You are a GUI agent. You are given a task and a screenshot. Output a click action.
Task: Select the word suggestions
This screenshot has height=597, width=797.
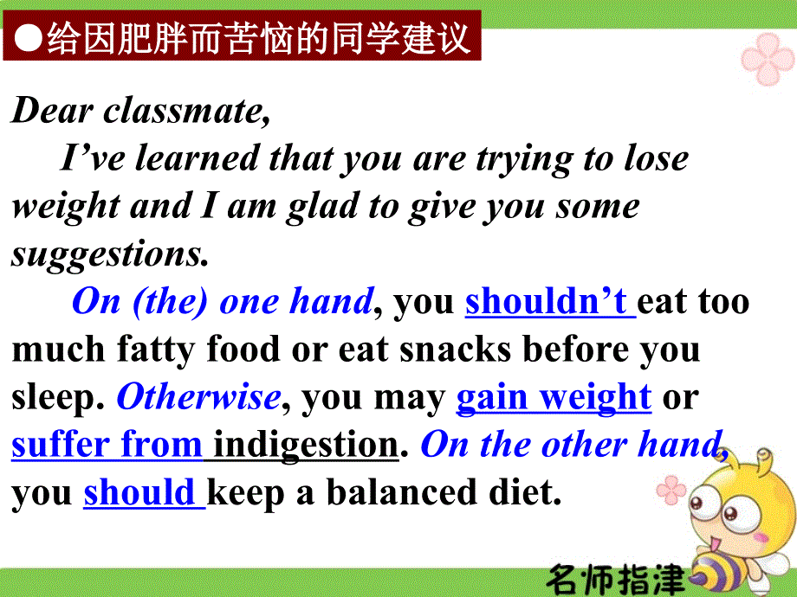(109, 254)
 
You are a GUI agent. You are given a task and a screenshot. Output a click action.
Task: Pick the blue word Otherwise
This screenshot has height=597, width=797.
(198, 397)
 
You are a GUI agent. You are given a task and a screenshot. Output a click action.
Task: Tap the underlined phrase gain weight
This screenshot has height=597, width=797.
(554, 397)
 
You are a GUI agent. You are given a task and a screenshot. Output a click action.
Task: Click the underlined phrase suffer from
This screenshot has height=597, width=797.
(107, 445)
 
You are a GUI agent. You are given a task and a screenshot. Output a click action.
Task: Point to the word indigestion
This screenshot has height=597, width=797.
(306, 445)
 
